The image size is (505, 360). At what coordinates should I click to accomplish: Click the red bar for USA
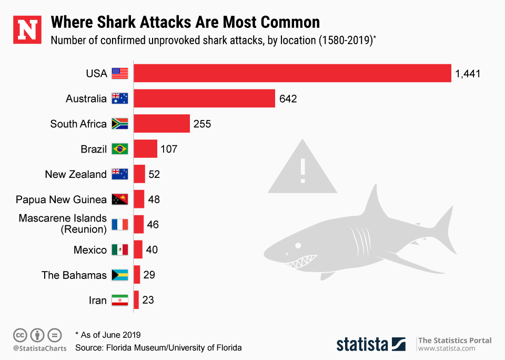click(292, 73)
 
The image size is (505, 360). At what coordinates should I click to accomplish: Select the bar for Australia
click(205, 98)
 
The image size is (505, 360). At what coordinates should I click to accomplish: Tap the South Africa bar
click(162, 124)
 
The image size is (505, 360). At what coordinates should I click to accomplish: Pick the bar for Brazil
click(146, 149)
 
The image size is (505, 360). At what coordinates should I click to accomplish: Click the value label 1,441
click(468, 74)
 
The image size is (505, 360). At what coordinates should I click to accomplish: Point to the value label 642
click(288, 99)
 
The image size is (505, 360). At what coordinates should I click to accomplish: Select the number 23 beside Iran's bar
click(148, 300)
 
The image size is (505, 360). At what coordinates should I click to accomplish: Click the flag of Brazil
click(120, 149)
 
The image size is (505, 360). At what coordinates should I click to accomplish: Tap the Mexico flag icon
click(120, 250)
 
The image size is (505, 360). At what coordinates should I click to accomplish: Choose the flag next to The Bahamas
click(120, 275)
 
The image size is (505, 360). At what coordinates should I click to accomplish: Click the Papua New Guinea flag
click(120, 199)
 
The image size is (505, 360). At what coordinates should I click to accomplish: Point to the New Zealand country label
click(76, 174)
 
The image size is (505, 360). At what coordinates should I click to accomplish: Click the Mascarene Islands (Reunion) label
click(63, 224)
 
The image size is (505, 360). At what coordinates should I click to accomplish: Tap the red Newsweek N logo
click(27, 30)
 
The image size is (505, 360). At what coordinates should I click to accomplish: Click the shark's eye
click(298, 245)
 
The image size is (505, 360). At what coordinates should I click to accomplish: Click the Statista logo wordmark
click(362, 344)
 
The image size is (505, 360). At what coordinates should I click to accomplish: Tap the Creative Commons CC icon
click(20, 335)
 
